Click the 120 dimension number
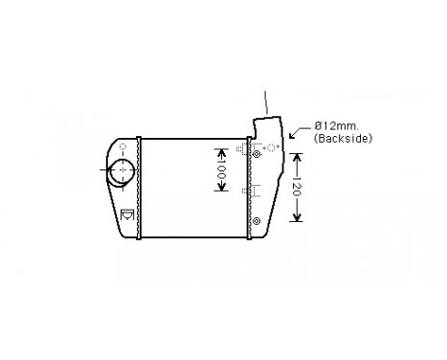click(x=297, y=188)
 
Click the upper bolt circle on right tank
click(x=256, y=150)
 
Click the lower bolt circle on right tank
click(x=256, y=222)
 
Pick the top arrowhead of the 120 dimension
click(x=297, y=157)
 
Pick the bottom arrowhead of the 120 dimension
click(x=297, y=218)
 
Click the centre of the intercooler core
click(x=191, y=187)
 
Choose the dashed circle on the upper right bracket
click(x=271, y=146)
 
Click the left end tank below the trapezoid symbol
click(x=124, y=230)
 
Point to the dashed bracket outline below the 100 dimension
click(x=248, y=191)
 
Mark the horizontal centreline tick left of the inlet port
click(x=102, y=171)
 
